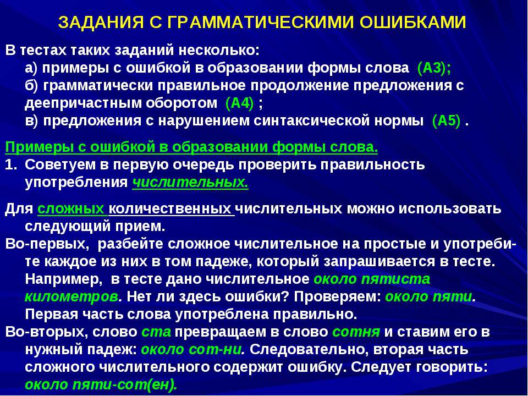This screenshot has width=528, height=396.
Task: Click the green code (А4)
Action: [x=240, y=103]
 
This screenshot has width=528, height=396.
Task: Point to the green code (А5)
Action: [x=446, y=121]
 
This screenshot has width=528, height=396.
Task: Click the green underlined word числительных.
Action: [x=190, y=183]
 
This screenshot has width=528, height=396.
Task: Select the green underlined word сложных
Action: [x=71, y=210]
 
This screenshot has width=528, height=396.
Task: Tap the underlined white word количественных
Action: [x=172, y=210]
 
